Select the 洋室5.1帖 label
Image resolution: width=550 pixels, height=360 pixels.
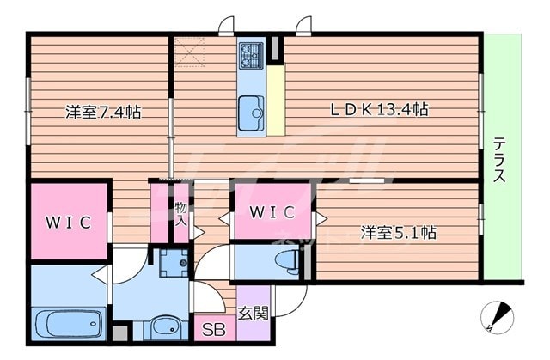(398, 232)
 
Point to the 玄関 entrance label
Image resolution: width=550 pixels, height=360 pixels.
(254, 314)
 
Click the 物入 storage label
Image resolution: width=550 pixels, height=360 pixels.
(181, 214)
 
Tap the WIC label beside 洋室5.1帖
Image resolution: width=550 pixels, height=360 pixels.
(272, 212)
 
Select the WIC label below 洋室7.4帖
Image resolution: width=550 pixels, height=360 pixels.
(68, 223)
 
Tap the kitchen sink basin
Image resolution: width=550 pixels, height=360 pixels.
(251, 109)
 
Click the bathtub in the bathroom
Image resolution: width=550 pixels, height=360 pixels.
(68, 325)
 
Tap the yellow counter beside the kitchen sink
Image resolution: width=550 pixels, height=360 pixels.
(276, 101)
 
